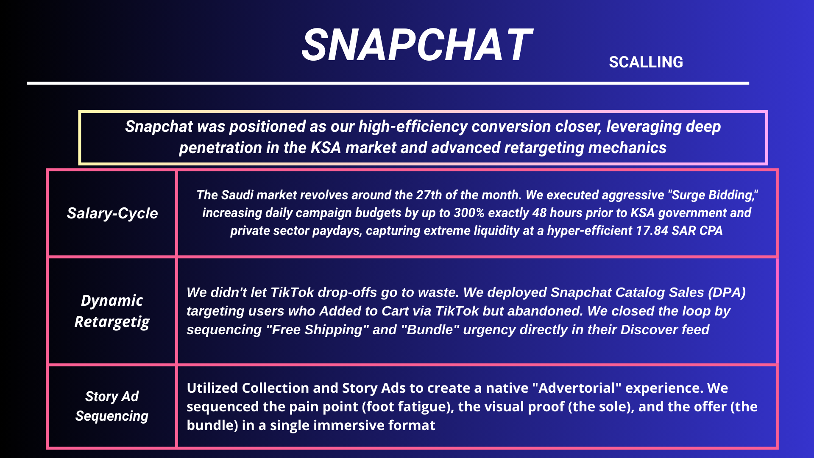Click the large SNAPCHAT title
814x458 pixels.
[417, 45]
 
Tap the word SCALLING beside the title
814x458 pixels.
[646, 62]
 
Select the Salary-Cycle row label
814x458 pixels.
[112, 213]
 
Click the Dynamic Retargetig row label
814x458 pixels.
[112, 311]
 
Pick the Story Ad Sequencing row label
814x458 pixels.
[112, 406]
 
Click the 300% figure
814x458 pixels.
[469, 212]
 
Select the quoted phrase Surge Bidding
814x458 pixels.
[713, 195]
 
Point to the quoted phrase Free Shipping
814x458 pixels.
[318, 330]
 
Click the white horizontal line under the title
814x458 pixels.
[388, 83]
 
